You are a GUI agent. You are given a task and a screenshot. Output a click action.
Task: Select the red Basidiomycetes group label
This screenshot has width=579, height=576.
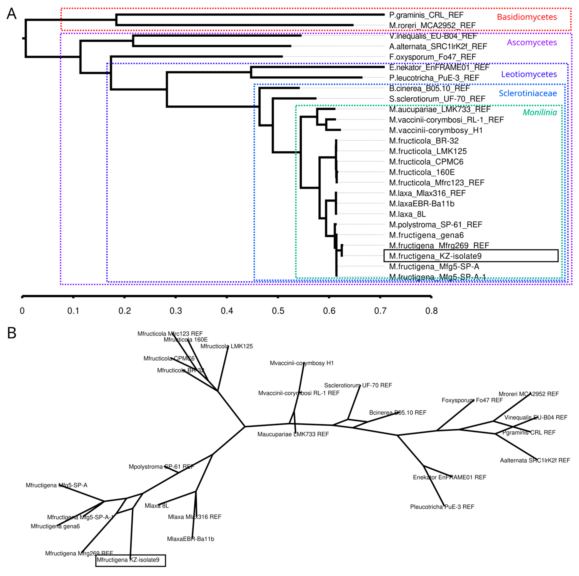(527, 17)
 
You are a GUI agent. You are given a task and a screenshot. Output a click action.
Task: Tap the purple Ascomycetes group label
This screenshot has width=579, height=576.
(532, 43)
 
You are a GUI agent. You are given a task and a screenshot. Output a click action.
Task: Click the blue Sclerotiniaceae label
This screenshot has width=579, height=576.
(528, 93)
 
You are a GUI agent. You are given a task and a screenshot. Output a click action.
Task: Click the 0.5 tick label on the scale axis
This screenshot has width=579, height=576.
(278, 311)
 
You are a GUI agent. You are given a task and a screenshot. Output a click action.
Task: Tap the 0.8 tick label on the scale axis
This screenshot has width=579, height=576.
(431, 311)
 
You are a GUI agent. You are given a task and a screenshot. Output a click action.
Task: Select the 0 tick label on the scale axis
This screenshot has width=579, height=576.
(22, 311)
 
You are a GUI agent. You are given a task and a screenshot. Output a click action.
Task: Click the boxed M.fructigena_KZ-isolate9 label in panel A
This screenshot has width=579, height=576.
(435, 256)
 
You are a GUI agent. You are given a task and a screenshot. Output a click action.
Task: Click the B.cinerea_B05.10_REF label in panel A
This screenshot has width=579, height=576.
(429, 89)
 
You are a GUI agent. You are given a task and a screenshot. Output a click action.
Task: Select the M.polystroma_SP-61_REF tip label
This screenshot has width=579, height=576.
(436, 225)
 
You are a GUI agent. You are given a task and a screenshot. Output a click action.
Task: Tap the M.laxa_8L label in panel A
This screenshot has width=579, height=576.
(407, 214)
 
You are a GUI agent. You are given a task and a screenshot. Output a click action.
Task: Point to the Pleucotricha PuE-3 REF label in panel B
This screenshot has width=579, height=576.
(442, 507)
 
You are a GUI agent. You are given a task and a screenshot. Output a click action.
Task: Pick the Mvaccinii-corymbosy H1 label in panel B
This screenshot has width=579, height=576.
(302, 363)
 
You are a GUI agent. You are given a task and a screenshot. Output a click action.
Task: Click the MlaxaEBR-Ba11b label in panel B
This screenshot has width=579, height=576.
(191, 539)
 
